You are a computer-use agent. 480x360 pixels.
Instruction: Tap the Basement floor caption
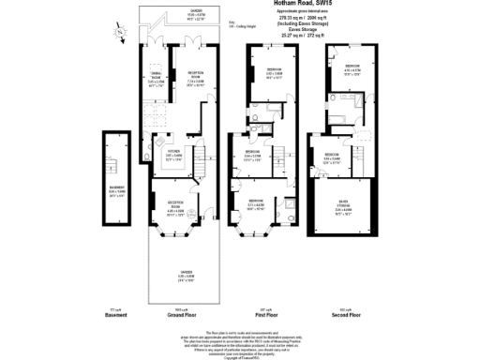click(x=115, y=314)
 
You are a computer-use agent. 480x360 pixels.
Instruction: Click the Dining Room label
click(x=157, y=81)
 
